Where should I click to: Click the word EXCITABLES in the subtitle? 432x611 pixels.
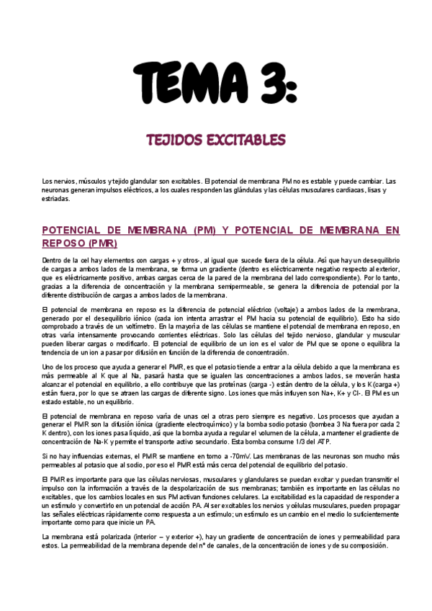tap(247, 139)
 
